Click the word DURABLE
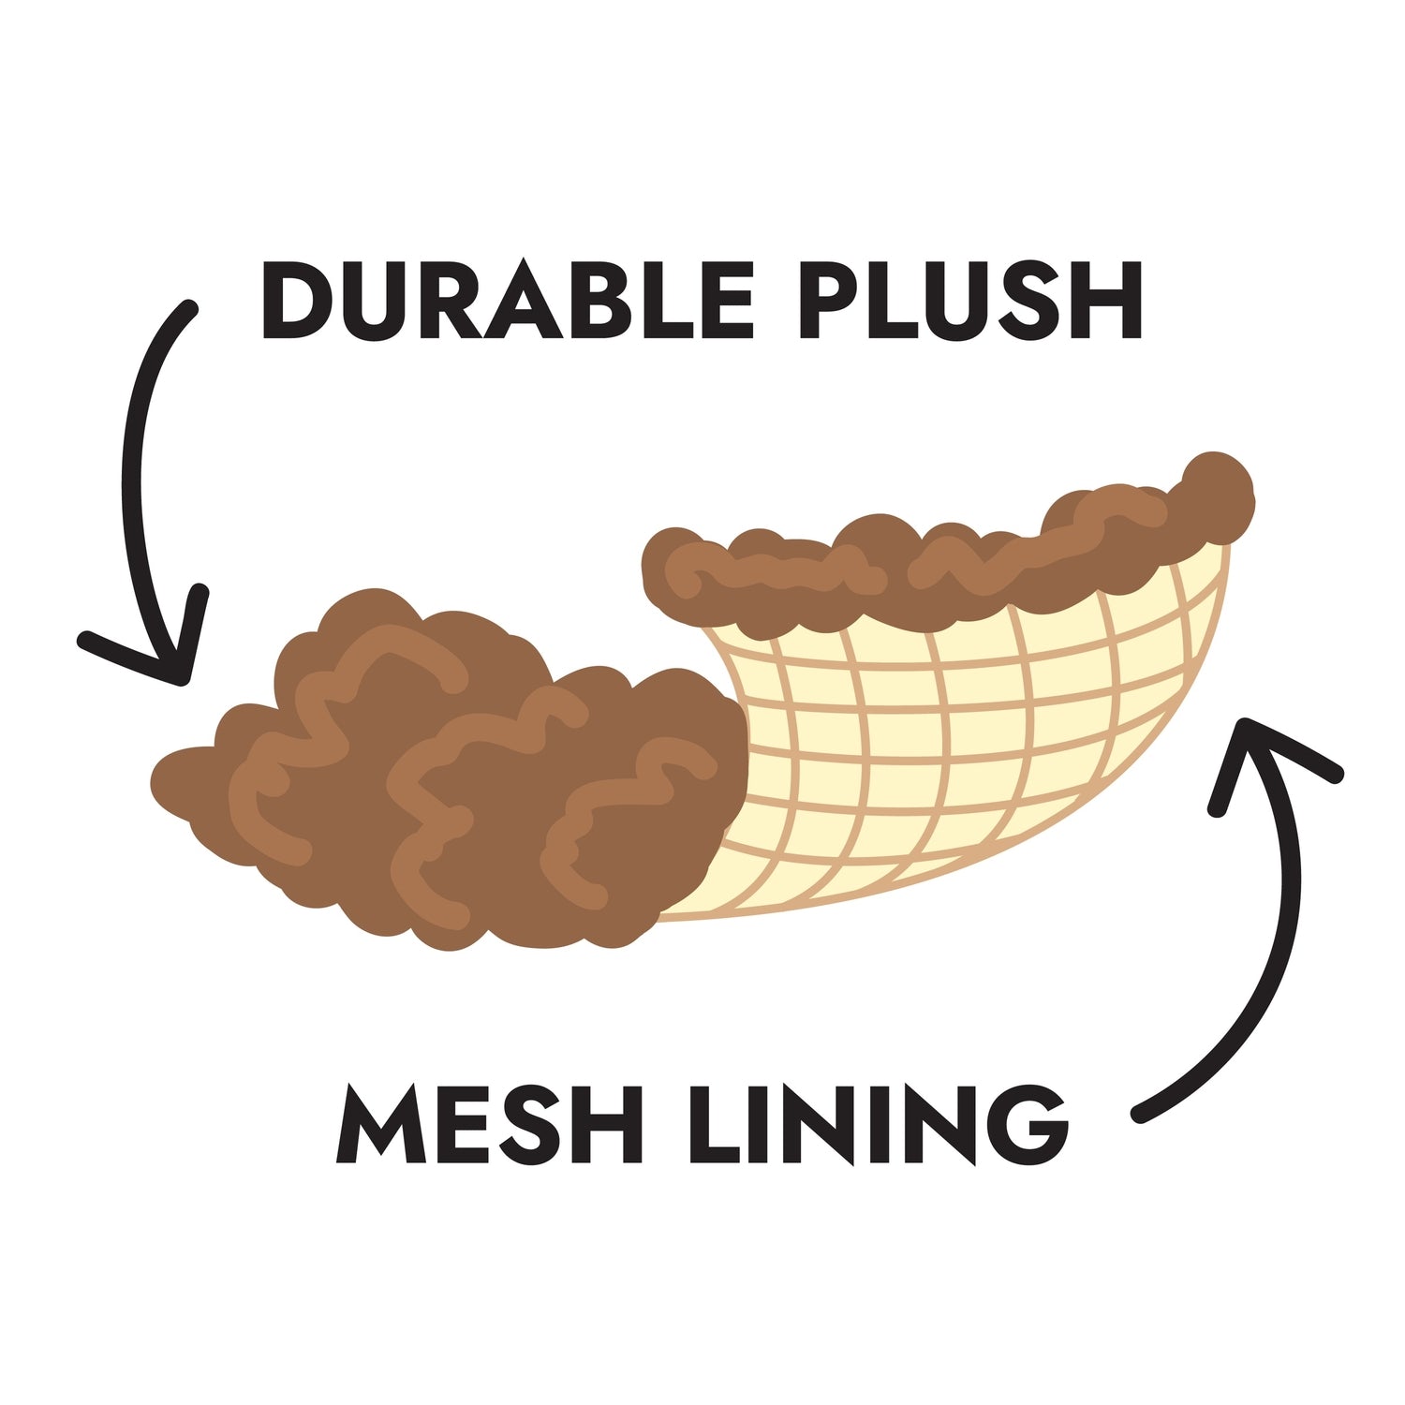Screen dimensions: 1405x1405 tap(507, 299)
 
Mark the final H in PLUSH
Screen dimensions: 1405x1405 tap(1108, 300)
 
